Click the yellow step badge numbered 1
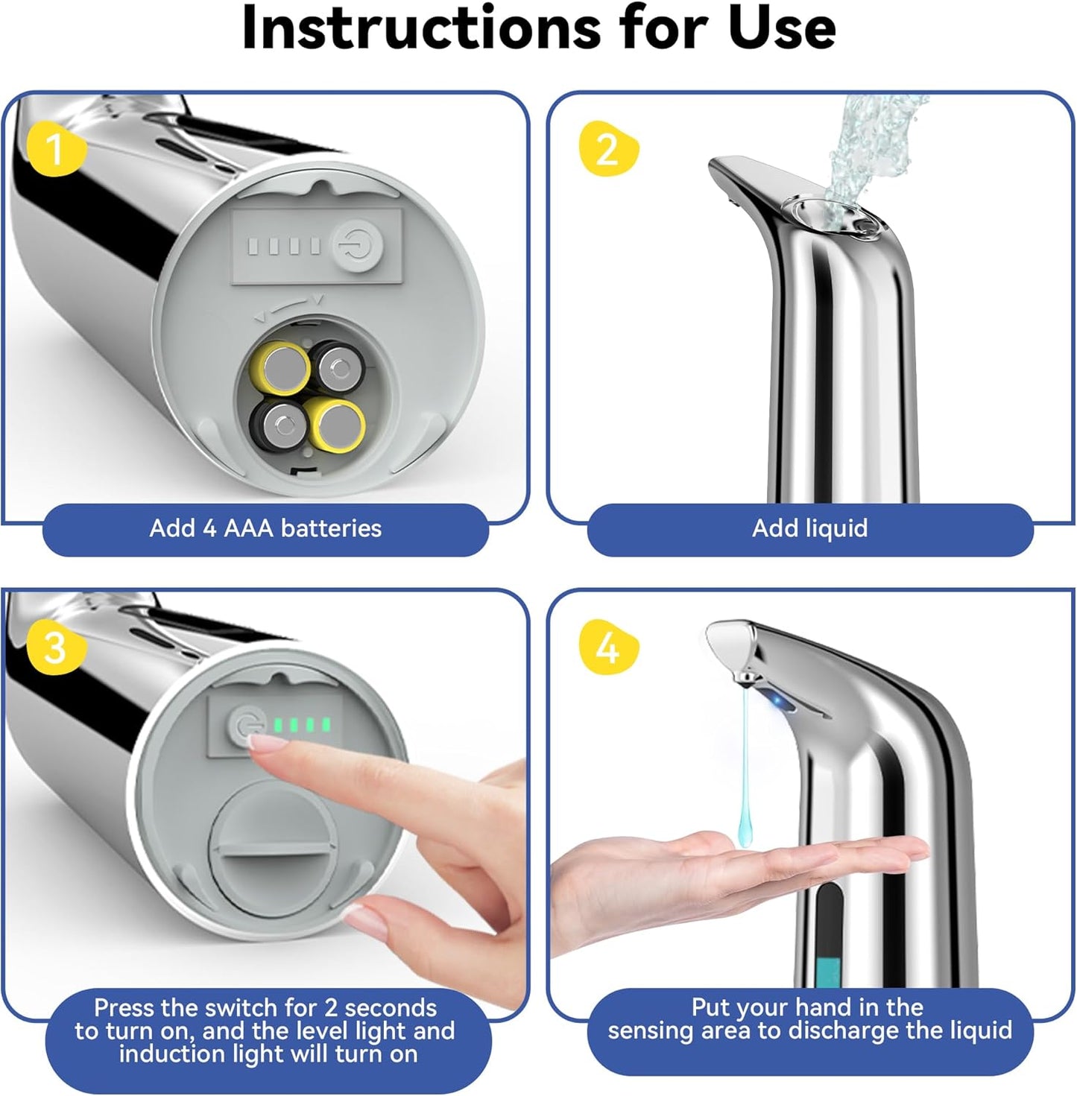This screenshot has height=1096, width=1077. click(56, 148)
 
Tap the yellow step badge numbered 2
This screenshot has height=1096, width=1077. click(607, 148)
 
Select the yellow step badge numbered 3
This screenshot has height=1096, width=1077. click(56, 647)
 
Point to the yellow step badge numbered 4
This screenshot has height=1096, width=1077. click(607, 647)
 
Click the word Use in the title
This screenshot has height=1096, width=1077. click(781, 28)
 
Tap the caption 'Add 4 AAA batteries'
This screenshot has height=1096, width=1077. click(265, 528)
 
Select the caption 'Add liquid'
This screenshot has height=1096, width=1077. click(809, 528)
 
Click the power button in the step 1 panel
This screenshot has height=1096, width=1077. click(357, 245)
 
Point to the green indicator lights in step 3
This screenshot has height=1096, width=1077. click(302, 724)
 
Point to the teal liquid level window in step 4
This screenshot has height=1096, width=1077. click(828, 969)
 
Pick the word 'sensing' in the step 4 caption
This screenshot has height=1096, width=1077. click(656, 1030)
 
